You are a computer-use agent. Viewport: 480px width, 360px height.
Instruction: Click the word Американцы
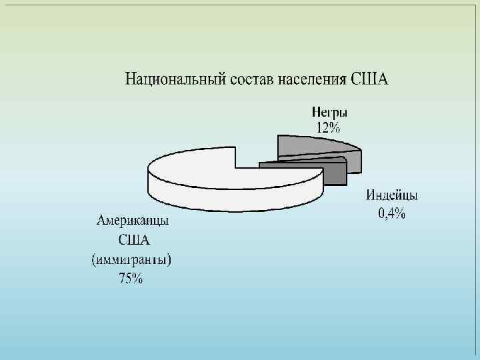134,221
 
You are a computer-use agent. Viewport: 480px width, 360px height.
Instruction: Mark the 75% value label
131,279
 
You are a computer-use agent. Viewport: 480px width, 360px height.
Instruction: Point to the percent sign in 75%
137,279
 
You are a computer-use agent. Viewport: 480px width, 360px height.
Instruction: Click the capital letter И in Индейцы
370,197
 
